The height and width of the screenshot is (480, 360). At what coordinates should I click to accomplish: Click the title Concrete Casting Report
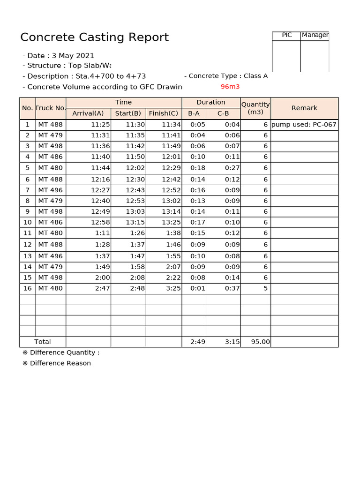click(x=94, y=37)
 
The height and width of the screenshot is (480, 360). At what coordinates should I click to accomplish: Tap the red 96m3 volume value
click(x=230, y=87)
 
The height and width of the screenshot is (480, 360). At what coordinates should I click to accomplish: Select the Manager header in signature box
click(x=315, y=35)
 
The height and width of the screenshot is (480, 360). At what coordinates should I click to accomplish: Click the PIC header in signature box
click(x=286, y=35)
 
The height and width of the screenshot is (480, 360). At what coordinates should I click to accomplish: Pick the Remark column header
click(x=304, y=108)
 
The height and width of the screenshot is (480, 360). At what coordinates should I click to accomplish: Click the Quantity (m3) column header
click(x=255, y=108)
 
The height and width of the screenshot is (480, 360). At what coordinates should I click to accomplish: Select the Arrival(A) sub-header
click(x=88, y=113)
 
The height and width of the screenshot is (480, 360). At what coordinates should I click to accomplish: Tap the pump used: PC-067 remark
click(x=304, y=125)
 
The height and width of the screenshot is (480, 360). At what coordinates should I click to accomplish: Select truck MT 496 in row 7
click(x=50, y=190)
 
